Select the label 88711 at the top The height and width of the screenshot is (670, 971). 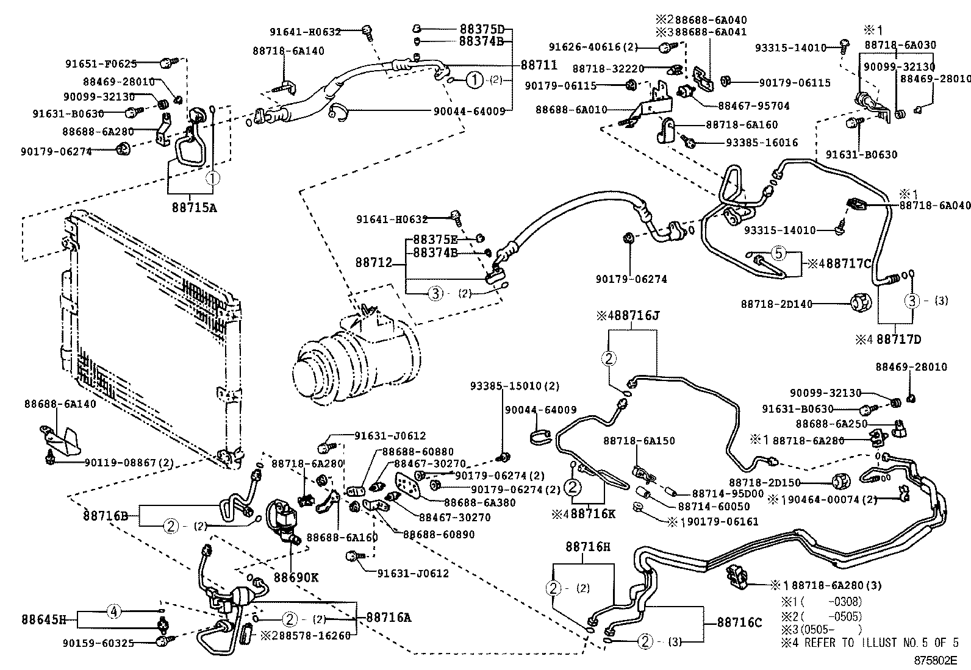[539, 65]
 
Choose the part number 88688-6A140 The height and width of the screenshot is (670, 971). [60, 404]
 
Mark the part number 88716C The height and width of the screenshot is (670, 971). [739, 622]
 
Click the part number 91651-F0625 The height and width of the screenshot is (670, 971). [101, 63]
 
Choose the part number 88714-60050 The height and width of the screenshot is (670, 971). [711, 507]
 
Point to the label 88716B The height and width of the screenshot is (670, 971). [106, 516]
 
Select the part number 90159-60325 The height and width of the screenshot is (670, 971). [98, 643]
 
